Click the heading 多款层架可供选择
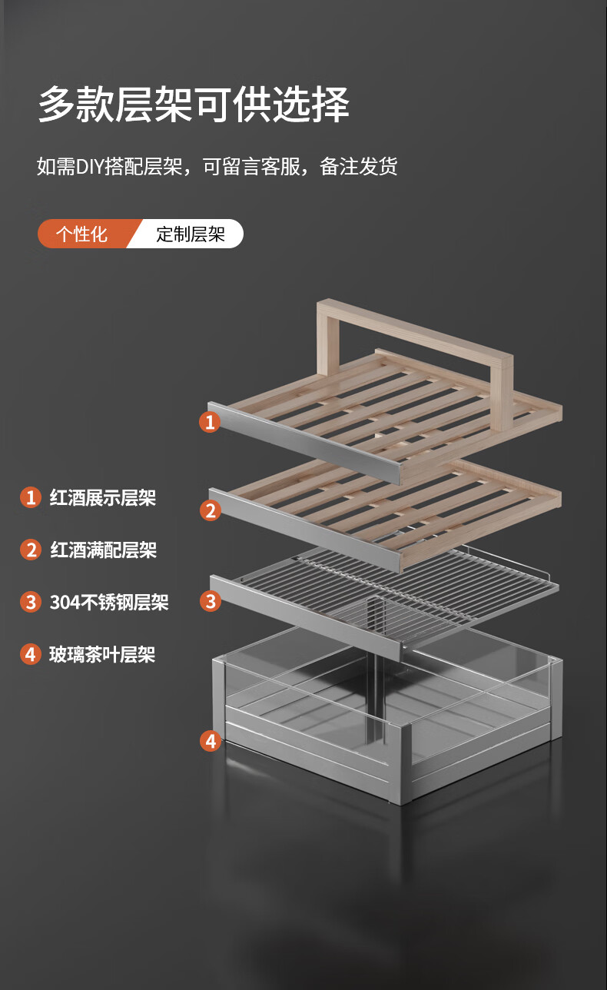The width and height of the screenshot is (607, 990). tap(194, 105)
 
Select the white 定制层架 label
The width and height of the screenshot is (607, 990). tap(191, 234)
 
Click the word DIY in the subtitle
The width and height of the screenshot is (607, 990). tap(90, 167)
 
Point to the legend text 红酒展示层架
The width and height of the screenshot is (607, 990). tap(102, 497)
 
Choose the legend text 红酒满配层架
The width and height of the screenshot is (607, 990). tap(104, 550)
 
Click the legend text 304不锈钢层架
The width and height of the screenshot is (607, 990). tap(109, 602)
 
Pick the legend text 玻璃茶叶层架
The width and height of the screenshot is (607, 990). tap(102, 655)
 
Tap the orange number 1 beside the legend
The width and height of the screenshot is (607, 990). tap(31, 497)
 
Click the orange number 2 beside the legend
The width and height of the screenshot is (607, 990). tap(31, 550)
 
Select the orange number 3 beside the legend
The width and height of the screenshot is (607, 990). tap(31, 602)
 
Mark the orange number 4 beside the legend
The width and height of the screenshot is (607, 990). tap(31, 655)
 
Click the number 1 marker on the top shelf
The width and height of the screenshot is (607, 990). tap(210, 422)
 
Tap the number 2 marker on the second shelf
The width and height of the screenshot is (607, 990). tap(211, 510)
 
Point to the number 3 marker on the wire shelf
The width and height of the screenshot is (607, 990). tap(211, 601)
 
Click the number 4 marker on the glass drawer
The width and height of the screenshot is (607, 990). tap(211, 741)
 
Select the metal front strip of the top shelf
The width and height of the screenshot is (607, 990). tap(305, 443)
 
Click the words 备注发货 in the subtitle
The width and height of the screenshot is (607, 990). tap(359, 167)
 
